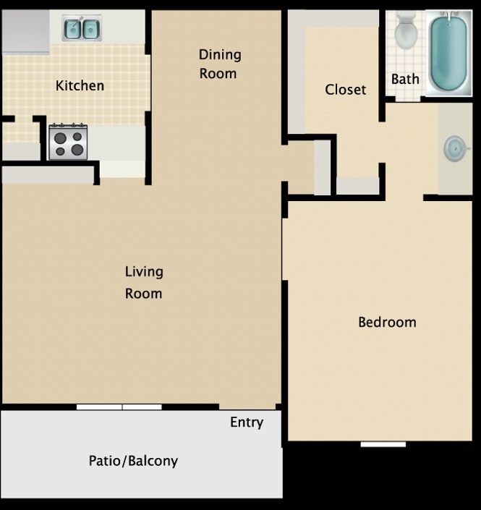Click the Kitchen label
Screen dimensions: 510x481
[80, 86]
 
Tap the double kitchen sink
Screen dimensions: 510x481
[82, 29]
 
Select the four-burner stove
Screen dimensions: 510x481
[68, 142]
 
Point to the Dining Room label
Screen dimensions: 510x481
[219, 64]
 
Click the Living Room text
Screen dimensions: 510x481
[143, 282]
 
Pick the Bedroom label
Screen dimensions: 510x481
[387, 322]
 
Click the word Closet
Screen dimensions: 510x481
[345, 90]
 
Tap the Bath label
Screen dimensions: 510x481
[405, 79]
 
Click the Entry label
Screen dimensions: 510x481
[247, 422]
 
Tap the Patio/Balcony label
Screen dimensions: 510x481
[133, 461]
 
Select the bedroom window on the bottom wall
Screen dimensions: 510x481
[383, 443]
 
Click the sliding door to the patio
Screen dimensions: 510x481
[119, 407]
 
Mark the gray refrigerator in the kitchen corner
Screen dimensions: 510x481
[25, 33]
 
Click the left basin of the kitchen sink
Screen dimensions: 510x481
[73, 29]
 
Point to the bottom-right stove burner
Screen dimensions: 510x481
[77, 150]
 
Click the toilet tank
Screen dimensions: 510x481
[406, 20]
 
